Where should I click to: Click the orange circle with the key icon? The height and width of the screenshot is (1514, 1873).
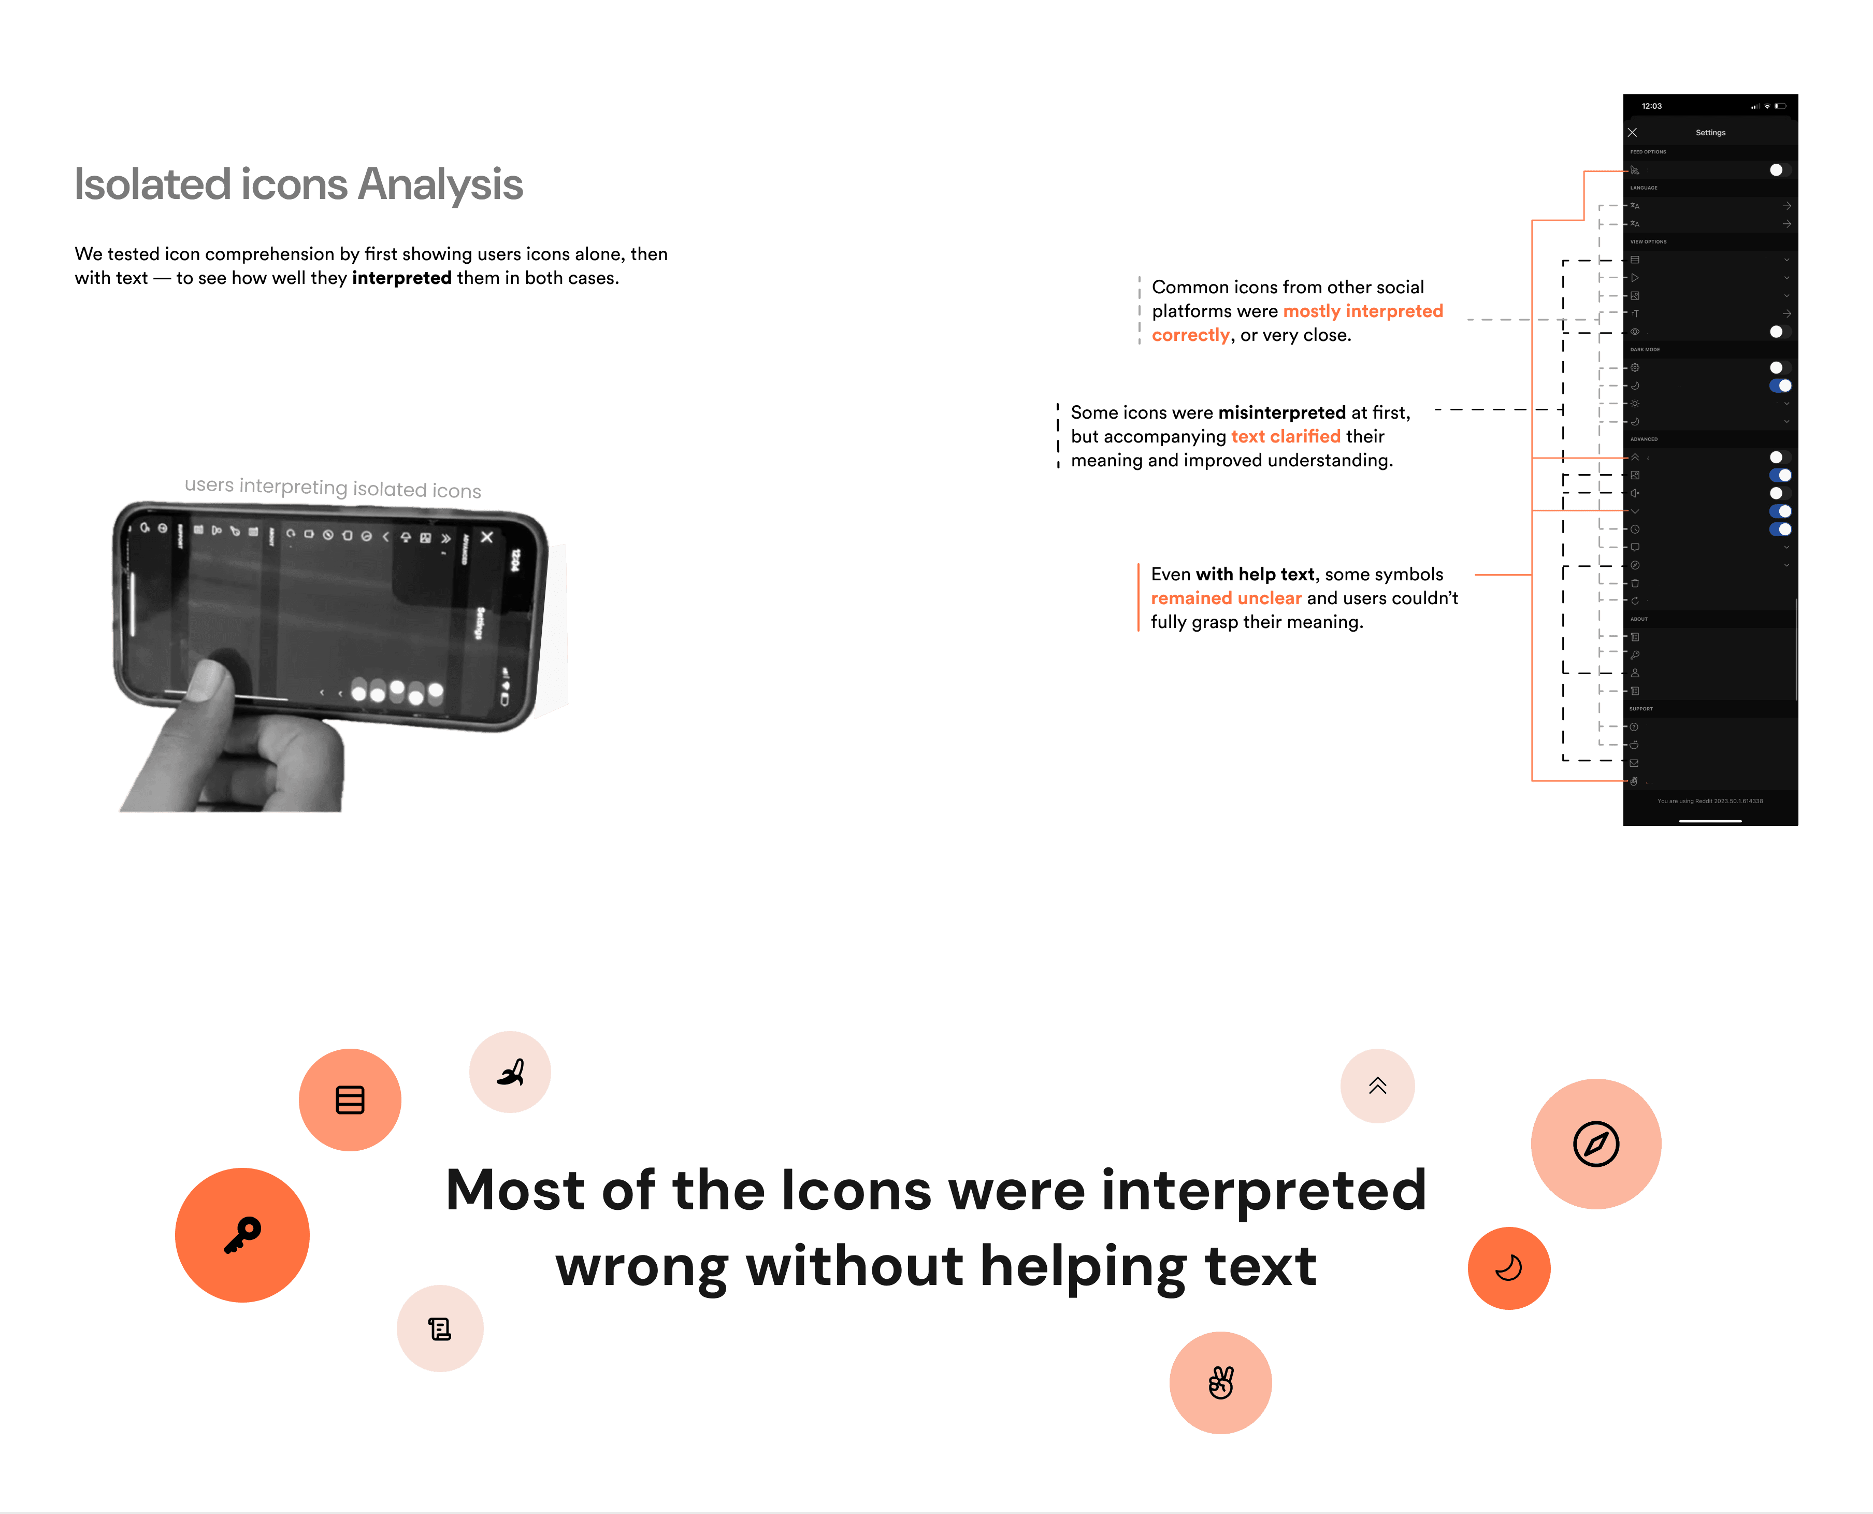242,1235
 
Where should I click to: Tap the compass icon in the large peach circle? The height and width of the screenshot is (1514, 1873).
1596,1144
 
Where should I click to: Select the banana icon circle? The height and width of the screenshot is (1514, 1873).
510,1072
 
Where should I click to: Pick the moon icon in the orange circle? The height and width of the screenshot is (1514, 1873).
1508,1268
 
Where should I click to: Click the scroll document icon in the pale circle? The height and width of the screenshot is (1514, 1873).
439,1328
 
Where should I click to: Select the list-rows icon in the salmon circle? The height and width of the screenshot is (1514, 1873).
350,1099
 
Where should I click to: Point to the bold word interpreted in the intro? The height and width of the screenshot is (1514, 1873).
402,278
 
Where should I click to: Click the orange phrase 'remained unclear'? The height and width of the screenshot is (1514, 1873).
1226,598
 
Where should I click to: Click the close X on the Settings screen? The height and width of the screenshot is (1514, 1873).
1632,133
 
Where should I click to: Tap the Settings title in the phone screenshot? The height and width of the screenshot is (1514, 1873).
1710,133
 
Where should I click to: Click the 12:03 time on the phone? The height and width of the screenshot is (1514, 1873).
1651,106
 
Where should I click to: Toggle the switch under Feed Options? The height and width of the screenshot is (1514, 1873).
1780,170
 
